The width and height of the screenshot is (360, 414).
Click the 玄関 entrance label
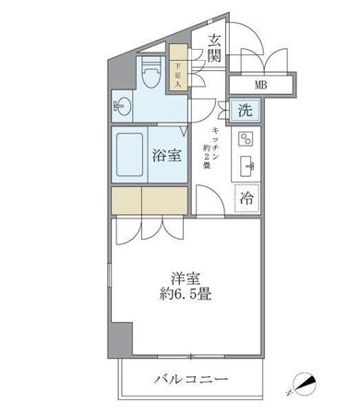(213, 49)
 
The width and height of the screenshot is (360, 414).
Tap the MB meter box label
(262, 87)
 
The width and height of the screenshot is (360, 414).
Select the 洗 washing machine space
(244, 110)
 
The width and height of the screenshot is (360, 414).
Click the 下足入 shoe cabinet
(179, 74)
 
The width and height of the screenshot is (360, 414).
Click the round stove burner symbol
(246, 140)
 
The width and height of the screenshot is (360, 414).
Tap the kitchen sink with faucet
(246, 167)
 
